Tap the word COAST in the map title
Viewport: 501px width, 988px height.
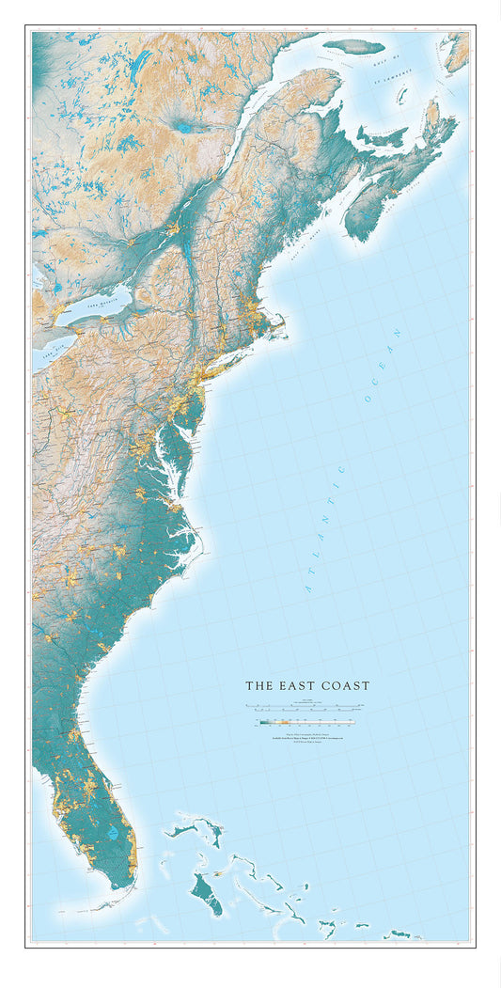tap(344, 686)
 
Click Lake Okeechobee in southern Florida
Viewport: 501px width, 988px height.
tap(114, 833)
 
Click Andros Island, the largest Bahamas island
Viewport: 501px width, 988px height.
tap(208, 894)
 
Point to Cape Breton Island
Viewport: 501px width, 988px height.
tap(441, 132)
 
